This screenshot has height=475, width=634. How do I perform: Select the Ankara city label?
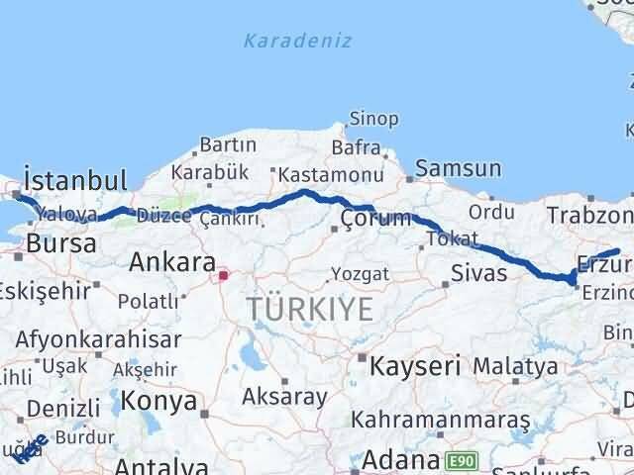click(172, 263)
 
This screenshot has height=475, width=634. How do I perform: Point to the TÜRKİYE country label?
click(310, 310)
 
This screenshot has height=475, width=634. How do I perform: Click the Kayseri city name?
click(415, 366)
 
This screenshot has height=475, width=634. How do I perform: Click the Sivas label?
click(478, 273)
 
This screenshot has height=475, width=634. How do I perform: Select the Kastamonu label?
click(316, 175)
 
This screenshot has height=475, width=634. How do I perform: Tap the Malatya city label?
click(514, 366)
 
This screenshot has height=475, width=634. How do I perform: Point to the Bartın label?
click(228, 145)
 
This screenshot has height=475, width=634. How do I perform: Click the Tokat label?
click(446, 237)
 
